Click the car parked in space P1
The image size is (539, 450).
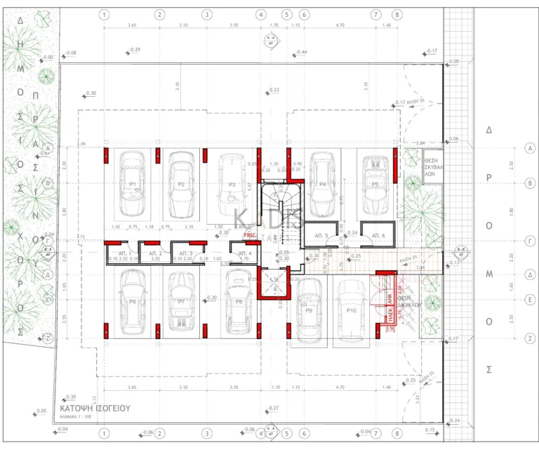(x=133, y=184)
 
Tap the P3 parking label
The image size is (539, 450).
(x=232, y=185)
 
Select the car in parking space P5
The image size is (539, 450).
(x=375, y=184)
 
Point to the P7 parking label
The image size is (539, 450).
(x=181, y=301)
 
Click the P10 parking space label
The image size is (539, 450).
(x=352, y=310)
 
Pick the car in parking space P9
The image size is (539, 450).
(x=309, y=310)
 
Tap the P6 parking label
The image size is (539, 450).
(x=133, y=301)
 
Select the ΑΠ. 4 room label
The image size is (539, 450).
(x=244, y=253)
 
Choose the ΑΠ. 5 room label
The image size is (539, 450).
(x=321, y=235)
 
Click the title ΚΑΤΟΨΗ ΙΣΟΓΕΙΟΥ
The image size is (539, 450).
(x=95, y=407)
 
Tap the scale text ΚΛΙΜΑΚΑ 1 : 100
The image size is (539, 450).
(x=79, y=416)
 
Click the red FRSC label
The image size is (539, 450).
(x=250, y=235)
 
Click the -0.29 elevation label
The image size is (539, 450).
(x=135, y=50)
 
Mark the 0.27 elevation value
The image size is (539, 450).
(x=274, y=408)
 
